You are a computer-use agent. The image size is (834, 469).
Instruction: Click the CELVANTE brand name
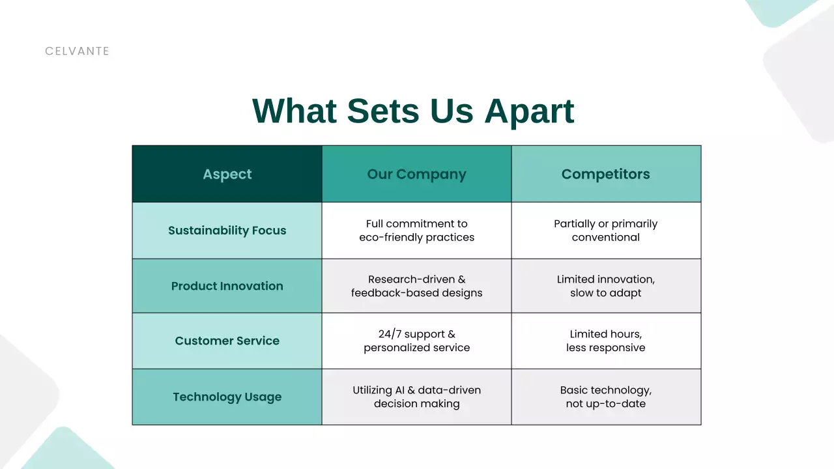(x=77, y=51)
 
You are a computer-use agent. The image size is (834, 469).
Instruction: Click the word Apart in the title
(x=528, y=111)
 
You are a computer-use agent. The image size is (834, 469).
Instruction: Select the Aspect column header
(x=227, y=174)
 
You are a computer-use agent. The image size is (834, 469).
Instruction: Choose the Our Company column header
(x=416, y=174)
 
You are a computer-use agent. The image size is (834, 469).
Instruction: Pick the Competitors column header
(x=606, y=174)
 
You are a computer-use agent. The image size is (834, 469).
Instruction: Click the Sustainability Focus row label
(x=227, y=231)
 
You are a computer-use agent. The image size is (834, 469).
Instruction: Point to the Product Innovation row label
(x=227, y=286)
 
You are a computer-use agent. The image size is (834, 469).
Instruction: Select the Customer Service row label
(x=227, y=341)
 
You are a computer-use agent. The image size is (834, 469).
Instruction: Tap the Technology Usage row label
(x=227, y=397)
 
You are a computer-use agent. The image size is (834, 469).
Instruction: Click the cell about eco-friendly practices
(x=416, y=231)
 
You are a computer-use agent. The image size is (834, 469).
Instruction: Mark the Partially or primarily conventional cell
(x=606, y=231)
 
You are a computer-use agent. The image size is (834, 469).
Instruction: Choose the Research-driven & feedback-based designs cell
(x=416, y=286)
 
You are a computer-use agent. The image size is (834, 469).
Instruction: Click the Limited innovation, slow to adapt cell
(x=606, y=286)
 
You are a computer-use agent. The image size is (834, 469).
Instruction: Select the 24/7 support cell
(x=416, y=341)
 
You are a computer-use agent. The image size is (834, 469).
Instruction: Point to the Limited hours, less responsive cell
(x=606, y=341)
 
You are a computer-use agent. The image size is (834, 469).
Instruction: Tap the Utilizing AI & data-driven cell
(x=416, y=397)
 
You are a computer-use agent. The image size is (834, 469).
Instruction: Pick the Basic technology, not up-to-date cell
(x=606, y=397)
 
